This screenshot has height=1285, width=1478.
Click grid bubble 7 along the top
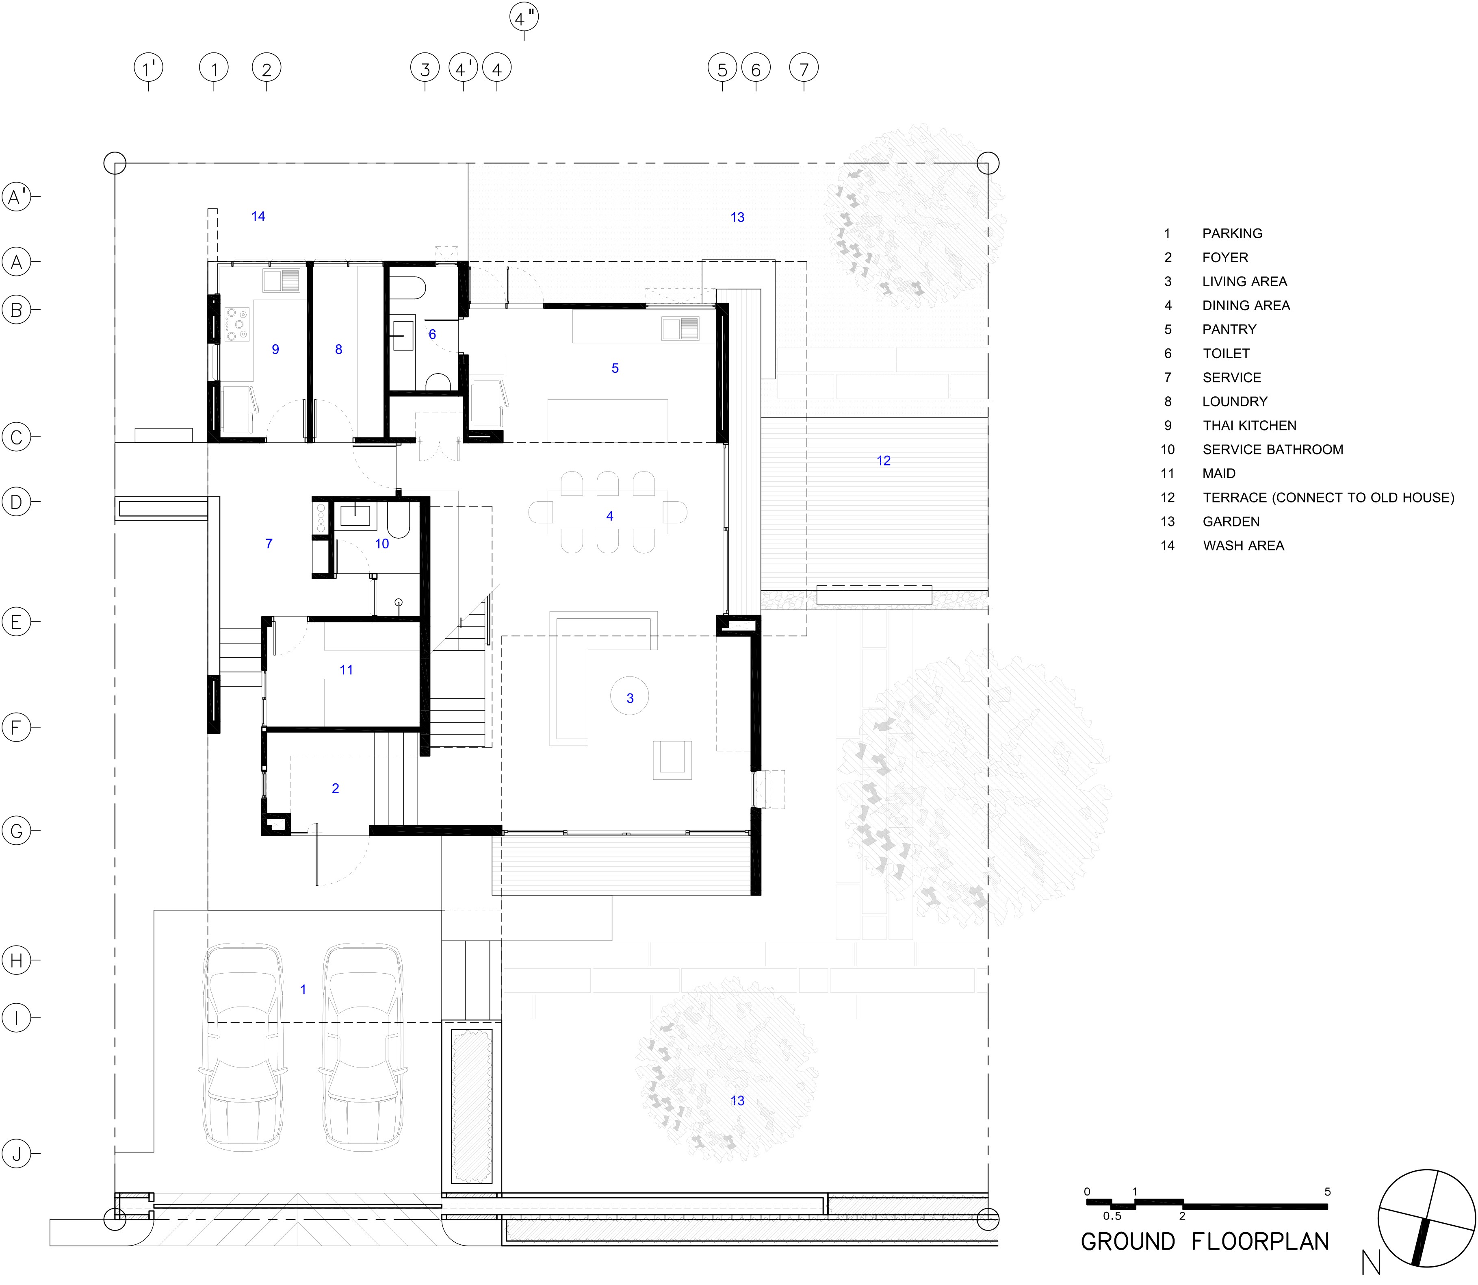point(804,69)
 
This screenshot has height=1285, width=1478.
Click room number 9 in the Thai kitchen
point(275,349)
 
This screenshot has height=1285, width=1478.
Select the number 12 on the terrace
point(883,460)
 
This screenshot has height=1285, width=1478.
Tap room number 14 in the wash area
point(258,216)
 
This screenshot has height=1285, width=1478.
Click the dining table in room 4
point(608,512)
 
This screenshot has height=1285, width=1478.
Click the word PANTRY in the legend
point(1229,329)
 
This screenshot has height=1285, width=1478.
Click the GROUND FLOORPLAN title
point(1204,1241)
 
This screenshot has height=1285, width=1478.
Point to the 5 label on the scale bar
point(1327,1192)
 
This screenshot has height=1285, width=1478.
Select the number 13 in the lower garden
point(737,1101)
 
